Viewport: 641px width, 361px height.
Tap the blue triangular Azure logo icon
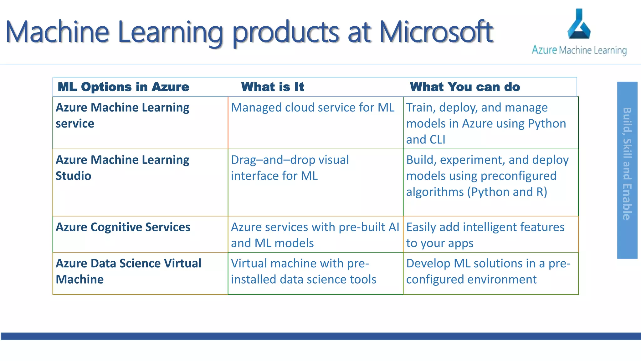click(579, 25)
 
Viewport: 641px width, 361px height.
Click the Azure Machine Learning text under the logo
click(579, 50)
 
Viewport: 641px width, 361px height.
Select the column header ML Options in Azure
click(123, 87)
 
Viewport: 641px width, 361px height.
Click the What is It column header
click(272, 87)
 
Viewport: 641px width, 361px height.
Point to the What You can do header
click(465, 87)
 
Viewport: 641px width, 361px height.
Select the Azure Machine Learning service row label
click(122, 115)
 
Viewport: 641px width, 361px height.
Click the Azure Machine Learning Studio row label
click(122, 168)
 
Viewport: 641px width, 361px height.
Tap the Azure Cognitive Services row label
click(123, 227)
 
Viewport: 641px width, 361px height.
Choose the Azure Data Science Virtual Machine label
click(128, 271)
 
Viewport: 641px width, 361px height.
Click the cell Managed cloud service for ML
click(312, 107)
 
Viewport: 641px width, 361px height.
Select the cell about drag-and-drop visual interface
click(290, 168)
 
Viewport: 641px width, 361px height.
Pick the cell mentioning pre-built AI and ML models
click(315, 235)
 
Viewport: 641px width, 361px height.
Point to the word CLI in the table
click(435, 140)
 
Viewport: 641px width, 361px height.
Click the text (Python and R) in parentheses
click(507, 192)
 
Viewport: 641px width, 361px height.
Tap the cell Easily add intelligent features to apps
click(485, 235)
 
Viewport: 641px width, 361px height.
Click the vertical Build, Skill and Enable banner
click(627, 170)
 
